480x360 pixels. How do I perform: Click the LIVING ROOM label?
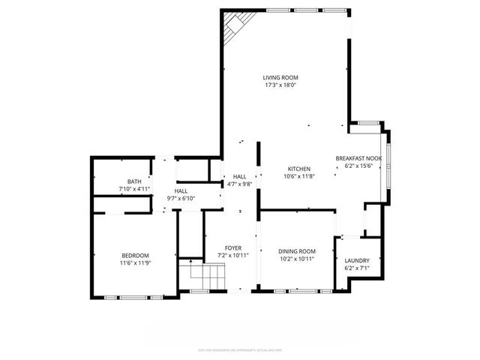pos(280,77)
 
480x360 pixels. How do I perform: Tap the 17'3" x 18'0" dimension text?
pos(280,85)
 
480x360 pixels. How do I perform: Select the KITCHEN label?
pos(298,169)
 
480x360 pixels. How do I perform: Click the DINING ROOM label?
pos(297,251)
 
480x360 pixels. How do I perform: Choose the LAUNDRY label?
pos(357,260)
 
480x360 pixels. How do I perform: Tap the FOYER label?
pos(233,247)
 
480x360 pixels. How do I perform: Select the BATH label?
pos(134,181)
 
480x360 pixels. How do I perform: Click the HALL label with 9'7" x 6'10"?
pos(181,191)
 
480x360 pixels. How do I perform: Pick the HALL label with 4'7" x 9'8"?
pos(239,176)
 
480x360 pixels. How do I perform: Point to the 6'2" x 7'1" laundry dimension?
pos(357,268)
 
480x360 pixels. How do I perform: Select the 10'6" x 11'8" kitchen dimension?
pos(298,176)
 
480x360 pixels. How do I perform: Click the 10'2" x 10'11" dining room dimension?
pos(297,259)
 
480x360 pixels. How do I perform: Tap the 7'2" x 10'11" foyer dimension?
pos(233,255)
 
